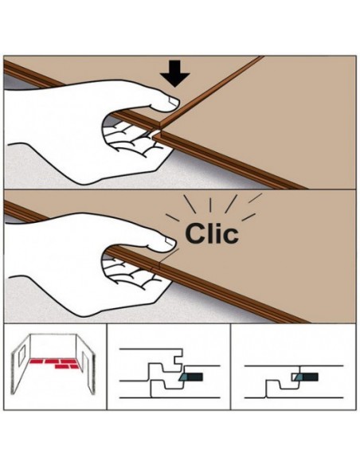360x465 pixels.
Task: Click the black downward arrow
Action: (x=174, y=73)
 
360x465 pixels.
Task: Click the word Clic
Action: (x=212, y=233)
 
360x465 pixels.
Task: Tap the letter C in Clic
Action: (x=195, y=233)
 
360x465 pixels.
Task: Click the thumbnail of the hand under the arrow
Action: (x=173, y=101)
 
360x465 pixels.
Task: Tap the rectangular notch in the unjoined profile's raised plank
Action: (x=178, y=361)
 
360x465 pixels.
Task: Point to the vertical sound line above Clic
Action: (x=210, y=205)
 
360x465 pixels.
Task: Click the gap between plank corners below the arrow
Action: (x=157, y=132)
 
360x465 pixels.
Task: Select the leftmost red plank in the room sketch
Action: (x=36, y=361)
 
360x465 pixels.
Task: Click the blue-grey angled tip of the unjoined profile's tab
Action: (x=182, y=377)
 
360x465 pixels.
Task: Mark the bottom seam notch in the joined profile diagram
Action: (x=266, y=394)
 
